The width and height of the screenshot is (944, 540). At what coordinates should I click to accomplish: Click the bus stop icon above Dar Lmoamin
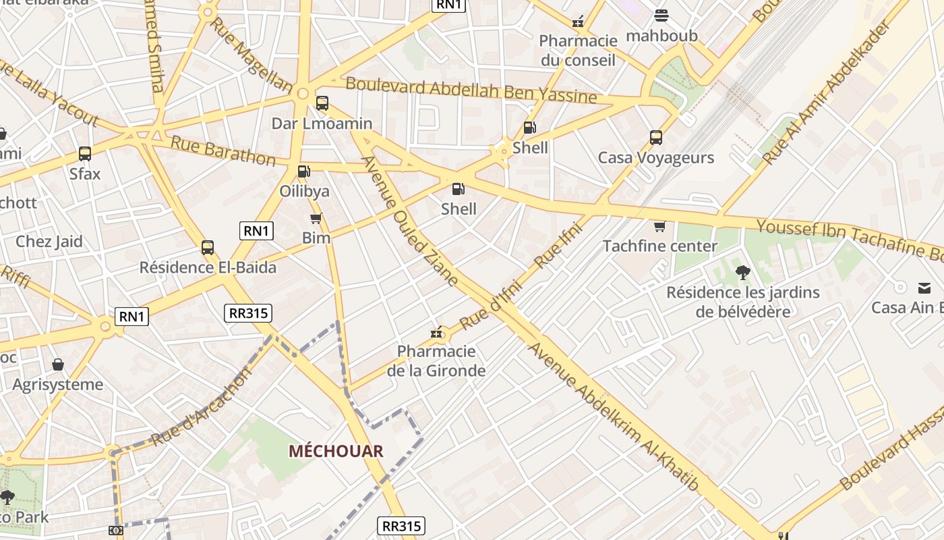[x=322, y=103]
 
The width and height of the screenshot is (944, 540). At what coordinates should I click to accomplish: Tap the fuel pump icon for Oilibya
[x=304, y=171]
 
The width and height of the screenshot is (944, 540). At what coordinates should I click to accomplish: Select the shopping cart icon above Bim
[x=316, y=218]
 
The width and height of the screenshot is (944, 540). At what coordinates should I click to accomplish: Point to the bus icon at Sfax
[x=85, y=154]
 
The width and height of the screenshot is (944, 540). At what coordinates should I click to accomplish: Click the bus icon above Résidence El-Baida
[x=208, y=248]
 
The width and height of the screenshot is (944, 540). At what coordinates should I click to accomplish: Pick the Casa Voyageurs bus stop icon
[x=656, y=138]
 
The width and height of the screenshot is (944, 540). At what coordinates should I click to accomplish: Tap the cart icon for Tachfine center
[x=659, y=226]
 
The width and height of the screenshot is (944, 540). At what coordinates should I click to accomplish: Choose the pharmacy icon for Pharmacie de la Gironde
[x=437, y=332]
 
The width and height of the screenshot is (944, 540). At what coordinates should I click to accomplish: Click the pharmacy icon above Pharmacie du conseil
[x=578, y=22]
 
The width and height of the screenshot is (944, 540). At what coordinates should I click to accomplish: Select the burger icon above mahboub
[x=661, y=16]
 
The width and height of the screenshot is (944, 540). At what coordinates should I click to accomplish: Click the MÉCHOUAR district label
[x=336, y=451]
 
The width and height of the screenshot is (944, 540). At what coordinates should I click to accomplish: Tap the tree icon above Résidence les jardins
[x=743, y=273]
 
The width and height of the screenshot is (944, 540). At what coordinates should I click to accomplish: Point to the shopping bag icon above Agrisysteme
[x=58, y=364]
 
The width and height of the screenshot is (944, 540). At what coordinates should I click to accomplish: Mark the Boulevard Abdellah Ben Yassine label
[x=471, y=90]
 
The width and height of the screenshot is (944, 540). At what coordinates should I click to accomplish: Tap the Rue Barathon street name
[x=223, y=151]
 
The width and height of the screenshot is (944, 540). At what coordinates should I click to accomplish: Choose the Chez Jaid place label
[x=49, y=242]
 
